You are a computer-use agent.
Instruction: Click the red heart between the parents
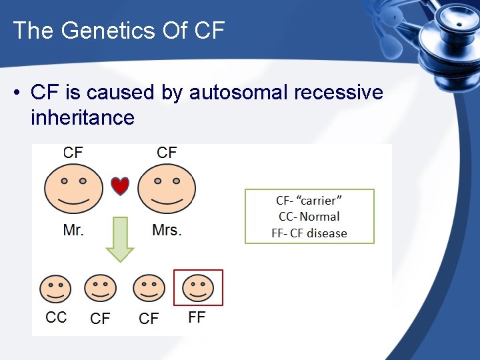(119, 186)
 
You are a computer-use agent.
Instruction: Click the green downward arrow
(120, 238)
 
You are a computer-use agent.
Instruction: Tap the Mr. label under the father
(73, 231)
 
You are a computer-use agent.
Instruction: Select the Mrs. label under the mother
(167, 231)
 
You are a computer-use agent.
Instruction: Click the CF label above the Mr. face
(73, 153)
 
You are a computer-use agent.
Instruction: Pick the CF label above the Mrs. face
(167, 153)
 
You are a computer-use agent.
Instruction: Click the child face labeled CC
(55, 289)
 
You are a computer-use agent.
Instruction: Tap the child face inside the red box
(198, 288)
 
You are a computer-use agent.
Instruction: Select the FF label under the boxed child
(197, 317)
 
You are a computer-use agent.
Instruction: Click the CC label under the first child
(56, 317)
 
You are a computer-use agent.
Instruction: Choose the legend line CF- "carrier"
(309, 200)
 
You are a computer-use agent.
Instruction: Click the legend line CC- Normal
(309, 217)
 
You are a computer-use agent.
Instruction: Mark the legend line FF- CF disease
(309, 233)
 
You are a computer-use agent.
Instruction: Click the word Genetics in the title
(110, 30)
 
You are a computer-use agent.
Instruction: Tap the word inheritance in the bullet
(83, 118)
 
